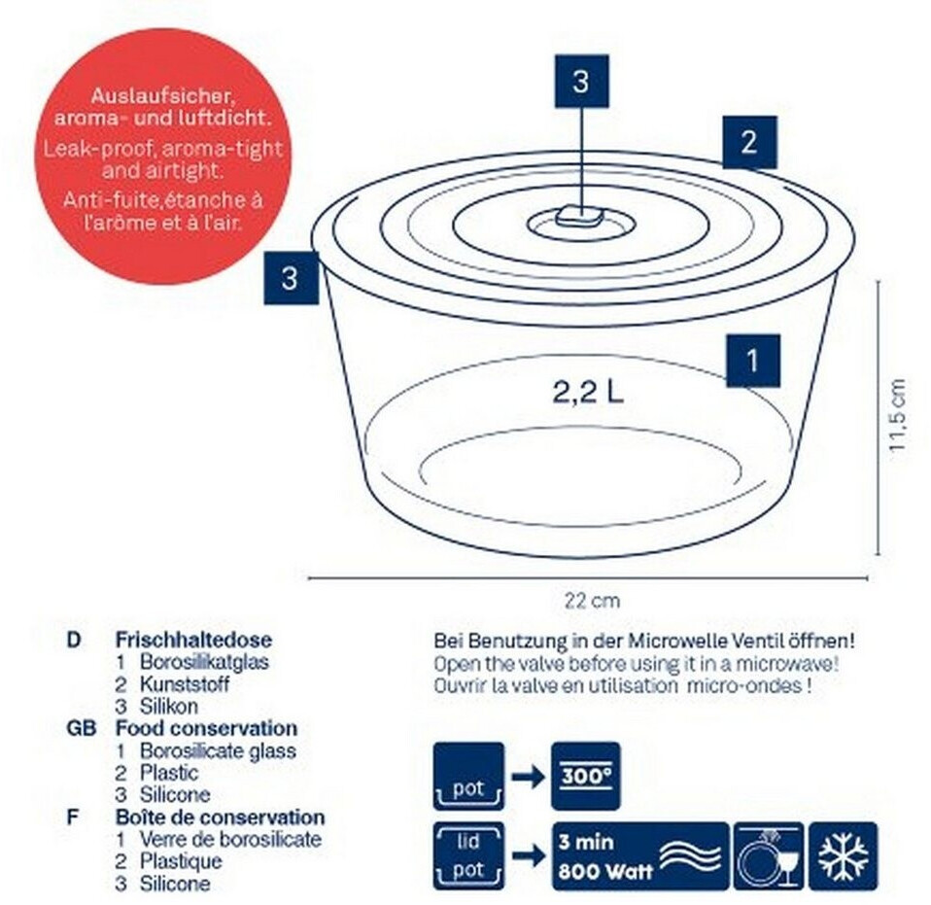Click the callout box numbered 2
749,143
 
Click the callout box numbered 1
753,361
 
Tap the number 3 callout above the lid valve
582,82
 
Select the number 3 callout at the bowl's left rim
291,278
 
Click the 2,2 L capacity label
588,392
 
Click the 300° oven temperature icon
585,776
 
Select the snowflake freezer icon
844,856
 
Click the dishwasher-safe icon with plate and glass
769,856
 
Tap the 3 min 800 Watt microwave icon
640,856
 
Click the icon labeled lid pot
469,856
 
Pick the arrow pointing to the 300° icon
528,776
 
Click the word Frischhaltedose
193,640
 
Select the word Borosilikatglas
204,662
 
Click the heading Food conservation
207,728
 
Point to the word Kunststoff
184,684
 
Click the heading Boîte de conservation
221,818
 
